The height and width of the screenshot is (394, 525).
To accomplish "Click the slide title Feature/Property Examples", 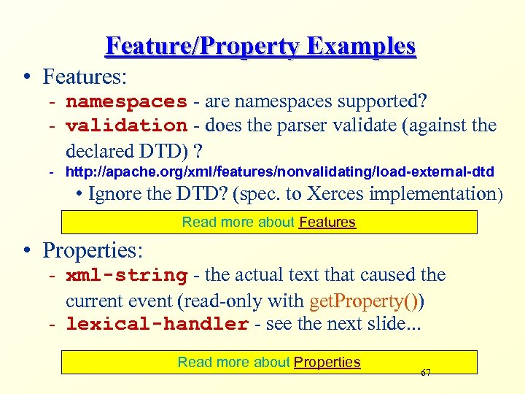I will click(x=260, y=46).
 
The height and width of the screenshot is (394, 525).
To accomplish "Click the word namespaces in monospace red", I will click(x=126, y=101).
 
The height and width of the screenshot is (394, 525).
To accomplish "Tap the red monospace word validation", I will click(x=126, y=125).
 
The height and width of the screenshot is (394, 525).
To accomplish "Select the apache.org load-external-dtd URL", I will click(x=279, y=172).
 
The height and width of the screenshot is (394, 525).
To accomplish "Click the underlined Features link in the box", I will click(x=327, y=222).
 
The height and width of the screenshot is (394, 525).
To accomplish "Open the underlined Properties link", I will click(x=327, y=362).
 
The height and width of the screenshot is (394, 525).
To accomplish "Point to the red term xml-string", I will click(x=126, y=276).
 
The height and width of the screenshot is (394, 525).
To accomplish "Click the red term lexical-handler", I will click(x=157, y=324).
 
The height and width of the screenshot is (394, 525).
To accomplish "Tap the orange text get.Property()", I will click(x=367, y=300).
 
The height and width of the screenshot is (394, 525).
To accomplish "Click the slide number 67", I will click(x=426, y=373).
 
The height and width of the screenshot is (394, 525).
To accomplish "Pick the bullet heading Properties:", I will click(x=93, y=250).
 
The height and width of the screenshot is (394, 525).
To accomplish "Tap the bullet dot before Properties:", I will click(x=27, y=251).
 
